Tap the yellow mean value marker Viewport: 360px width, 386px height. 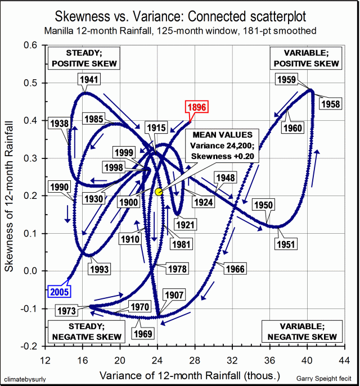[159, 192]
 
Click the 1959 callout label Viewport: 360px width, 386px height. [287, 79]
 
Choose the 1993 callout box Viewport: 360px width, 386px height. [100, 269]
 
